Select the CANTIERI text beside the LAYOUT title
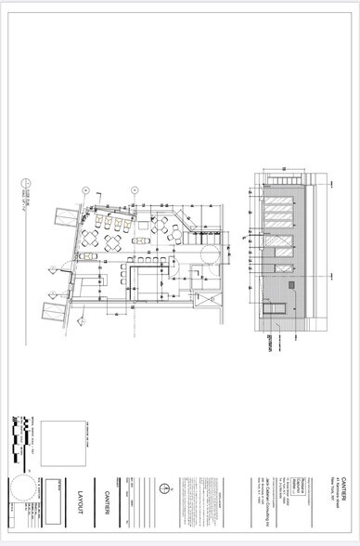tap(108, 500)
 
